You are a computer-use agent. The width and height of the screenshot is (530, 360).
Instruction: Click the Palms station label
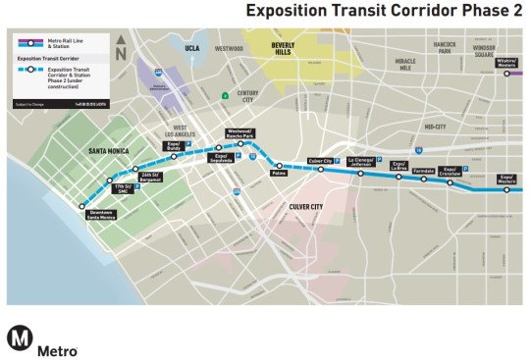(x=280, y=175)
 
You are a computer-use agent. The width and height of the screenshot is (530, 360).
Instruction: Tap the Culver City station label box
(x=321, y=160)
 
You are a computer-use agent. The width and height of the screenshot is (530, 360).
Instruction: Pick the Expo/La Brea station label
(x=398, y=165)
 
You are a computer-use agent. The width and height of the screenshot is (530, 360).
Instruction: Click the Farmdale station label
(x=424, y=170)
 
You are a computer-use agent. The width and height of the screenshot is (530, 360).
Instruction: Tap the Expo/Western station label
(x=506, y=179)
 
